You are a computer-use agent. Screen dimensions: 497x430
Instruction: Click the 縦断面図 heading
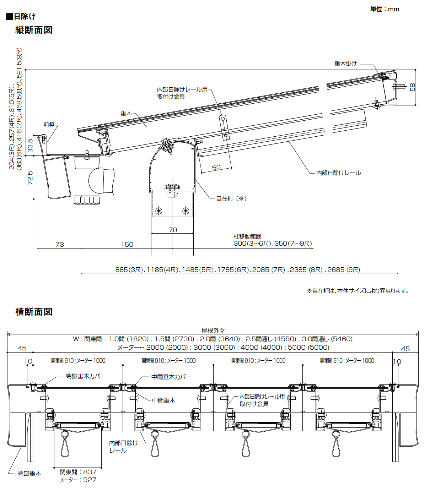pyautogui.click(x=34, y=30)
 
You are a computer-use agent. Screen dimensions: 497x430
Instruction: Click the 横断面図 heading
pyautogui.click(x=34, y=312)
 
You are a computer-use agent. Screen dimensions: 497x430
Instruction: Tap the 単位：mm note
pyautogui.click(x=385, y=9)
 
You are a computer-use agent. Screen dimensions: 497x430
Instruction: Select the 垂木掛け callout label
pyautogui.click(x=345, y=64)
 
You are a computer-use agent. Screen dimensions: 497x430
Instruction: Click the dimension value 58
pyautogui.click(x=412, y=87)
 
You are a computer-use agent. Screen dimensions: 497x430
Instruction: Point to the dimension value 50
pyautogui.click(x=216, y=168)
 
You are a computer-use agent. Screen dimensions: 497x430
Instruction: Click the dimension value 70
pyautogui.click(x=173, y=230)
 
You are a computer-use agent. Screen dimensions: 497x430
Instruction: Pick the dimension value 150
pyautogui.click(x=127, y=245)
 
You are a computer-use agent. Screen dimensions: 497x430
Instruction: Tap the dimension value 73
pyautogui.click(x=60, y=245)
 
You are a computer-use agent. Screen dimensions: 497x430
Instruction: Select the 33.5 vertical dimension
pyautogui.click(x=30, y=146)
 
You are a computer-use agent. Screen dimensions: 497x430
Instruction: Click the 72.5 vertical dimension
pyautogui.click(x=30, y=178)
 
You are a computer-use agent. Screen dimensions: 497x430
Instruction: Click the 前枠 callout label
pyautogui.click(x=49, y=125)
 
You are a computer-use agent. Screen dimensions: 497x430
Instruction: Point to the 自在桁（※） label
pyautogui.click(x=231, y=199)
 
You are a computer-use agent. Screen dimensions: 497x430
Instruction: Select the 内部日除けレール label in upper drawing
pyautogui.click(x=338, y=173)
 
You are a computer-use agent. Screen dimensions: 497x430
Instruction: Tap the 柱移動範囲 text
pyautogui.click(x=247, y=236)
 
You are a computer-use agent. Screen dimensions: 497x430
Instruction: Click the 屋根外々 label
pyautogui.click(x=213, y=331)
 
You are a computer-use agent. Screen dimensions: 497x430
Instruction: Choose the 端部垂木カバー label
pyautogui.click(x=86, y=376)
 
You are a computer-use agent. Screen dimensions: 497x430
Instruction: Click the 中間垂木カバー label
pyautogui.click(x=171, y=377)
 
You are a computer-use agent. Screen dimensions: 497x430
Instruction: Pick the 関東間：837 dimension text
pyautogui.click(x=78, y=472)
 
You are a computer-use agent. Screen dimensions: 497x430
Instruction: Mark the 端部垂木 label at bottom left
pyautogui.click(x=29, y=474)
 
